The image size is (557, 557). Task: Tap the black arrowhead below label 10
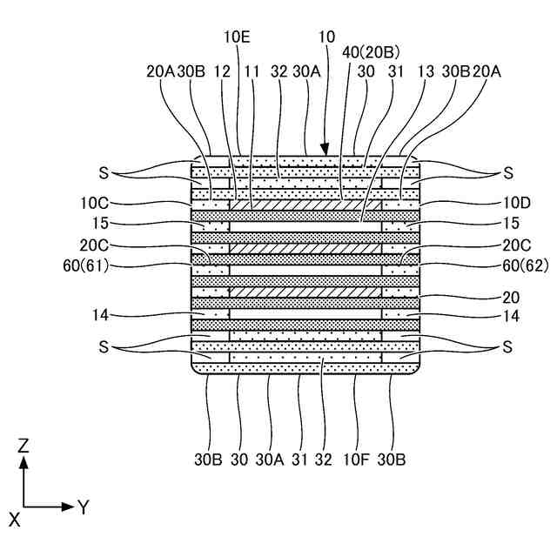point(328,151)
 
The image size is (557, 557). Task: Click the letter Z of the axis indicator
point(24,445)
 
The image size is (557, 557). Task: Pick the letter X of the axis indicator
point(14,520)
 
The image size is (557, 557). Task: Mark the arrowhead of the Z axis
point(24,461)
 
